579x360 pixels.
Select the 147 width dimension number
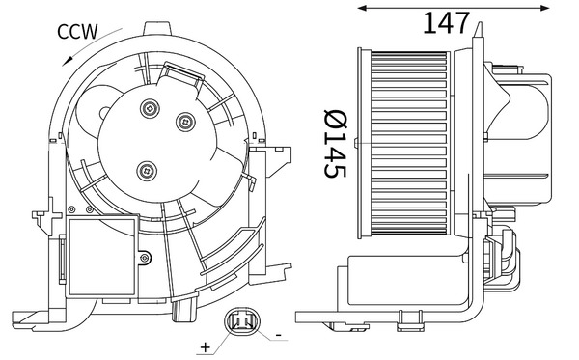[x=446, y=21]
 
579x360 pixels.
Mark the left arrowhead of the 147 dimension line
[x=362, y=8]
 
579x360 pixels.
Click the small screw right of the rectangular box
[x=144, y=258]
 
